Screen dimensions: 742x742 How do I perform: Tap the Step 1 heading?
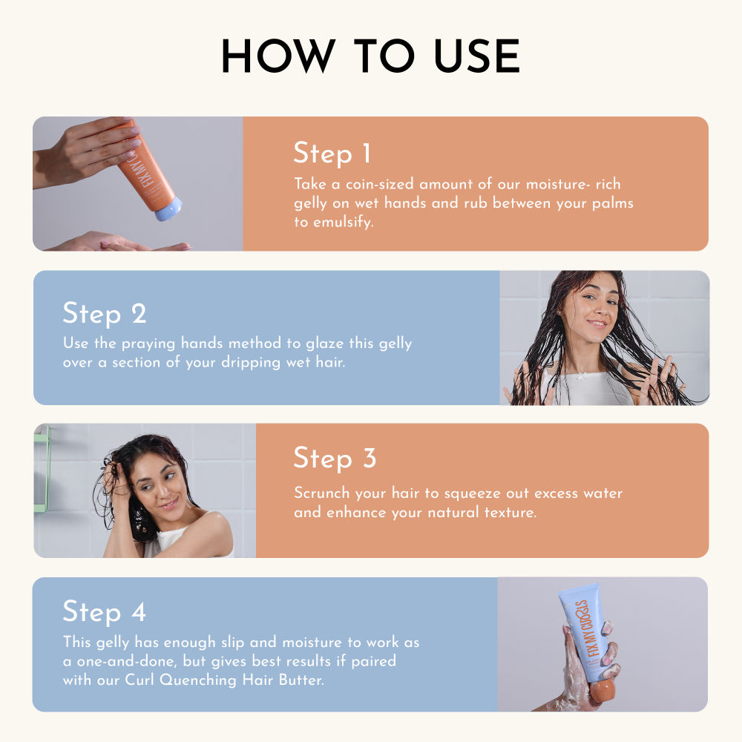click(x=332, y=154)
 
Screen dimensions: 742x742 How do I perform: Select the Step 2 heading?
click(x=105, y=313)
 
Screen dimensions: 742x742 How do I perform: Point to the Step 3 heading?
click(x=335, y=458)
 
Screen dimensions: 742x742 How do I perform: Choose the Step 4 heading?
click(x=105, y=612)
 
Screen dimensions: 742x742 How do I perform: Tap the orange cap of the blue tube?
click(x=601, y=691)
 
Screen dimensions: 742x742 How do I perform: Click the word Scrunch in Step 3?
click(x=321, y=493)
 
